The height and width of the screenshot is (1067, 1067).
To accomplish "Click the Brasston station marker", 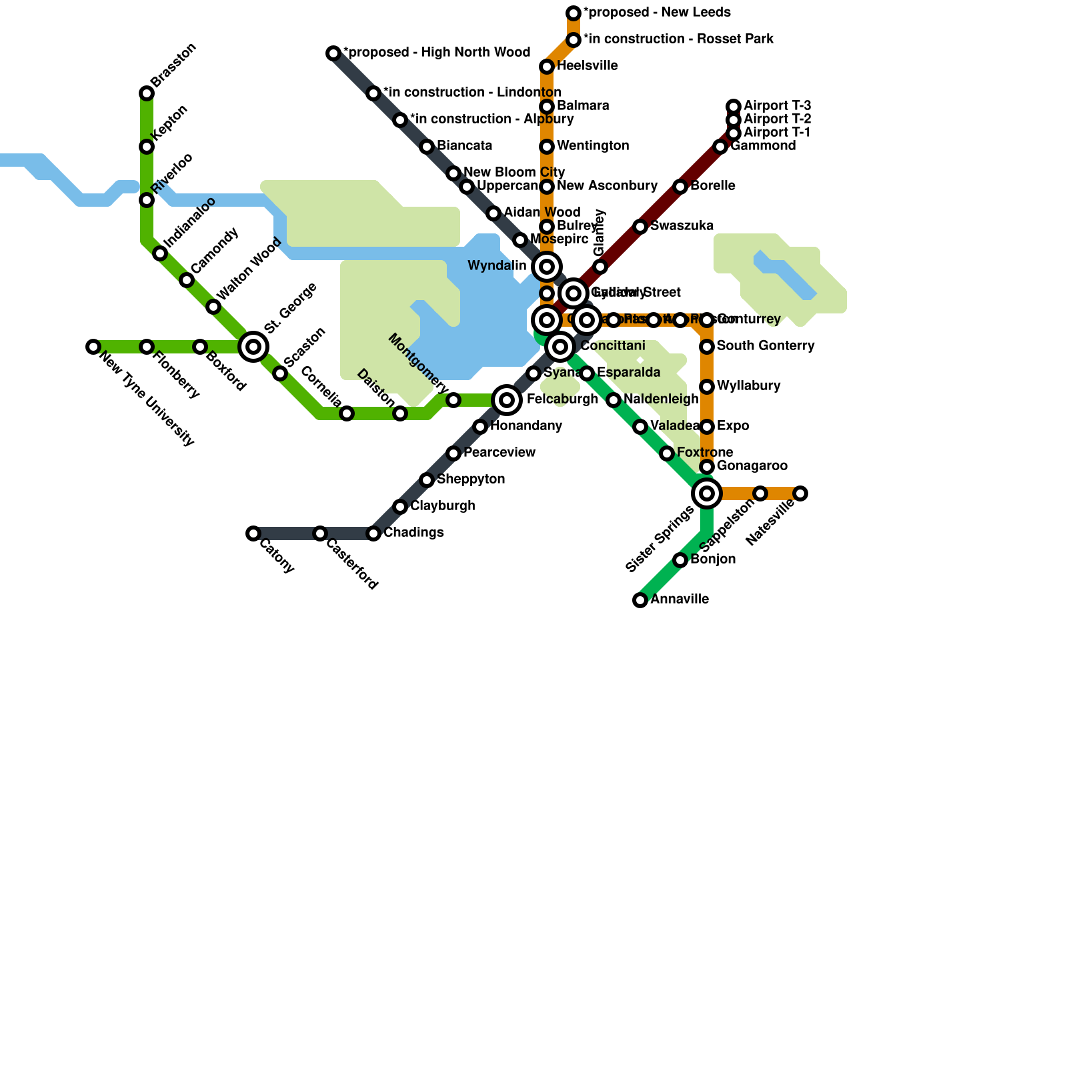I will [x=147, y=93].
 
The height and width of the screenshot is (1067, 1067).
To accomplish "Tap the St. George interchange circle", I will [x=253, y=346].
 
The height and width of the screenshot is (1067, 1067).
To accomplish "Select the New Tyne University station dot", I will [x=93, y=347].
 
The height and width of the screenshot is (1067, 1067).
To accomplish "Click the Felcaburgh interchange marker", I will [x=507, y=400].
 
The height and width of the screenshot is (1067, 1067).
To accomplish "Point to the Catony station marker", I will [x=253, y=533].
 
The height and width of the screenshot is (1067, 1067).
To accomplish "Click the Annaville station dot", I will [x=640, y=600].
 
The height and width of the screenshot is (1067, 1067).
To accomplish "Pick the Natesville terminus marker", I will [x=800, y=493].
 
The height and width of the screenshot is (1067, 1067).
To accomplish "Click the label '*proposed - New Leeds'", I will [x=657, y=13].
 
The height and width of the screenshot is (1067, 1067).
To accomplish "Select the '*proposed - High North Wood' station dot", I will [x=333, y=53].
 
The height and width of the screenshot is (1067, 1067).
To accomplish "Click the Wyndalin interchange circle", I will [x=547, y=267].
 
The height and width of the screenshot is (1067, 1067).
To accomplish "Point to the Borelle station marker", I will [x=680, y=187].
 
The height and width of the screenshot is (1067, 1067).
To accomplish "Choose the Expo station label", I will [x=733, y=426].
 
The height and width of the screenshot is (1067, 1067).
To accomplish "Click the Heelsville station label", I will [x=587, y=66].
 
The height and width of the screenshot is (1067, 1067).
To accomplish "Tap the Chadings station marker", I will [x=373, y=533].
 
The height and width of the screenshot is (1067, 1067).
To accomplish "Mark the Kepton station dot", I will [x=147, y=147].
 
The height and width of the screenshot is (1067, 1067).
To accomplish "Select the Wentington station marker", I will [x=547, y=147].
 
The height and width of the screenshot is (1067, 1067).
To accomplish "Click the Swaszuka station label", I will [x=682, y=226].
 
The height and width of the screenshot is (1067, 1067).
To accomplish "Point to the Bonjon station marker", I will [x=680, y=560].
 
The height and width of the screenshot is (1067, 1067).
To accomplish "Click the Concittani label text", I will [x=612, y=346].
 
